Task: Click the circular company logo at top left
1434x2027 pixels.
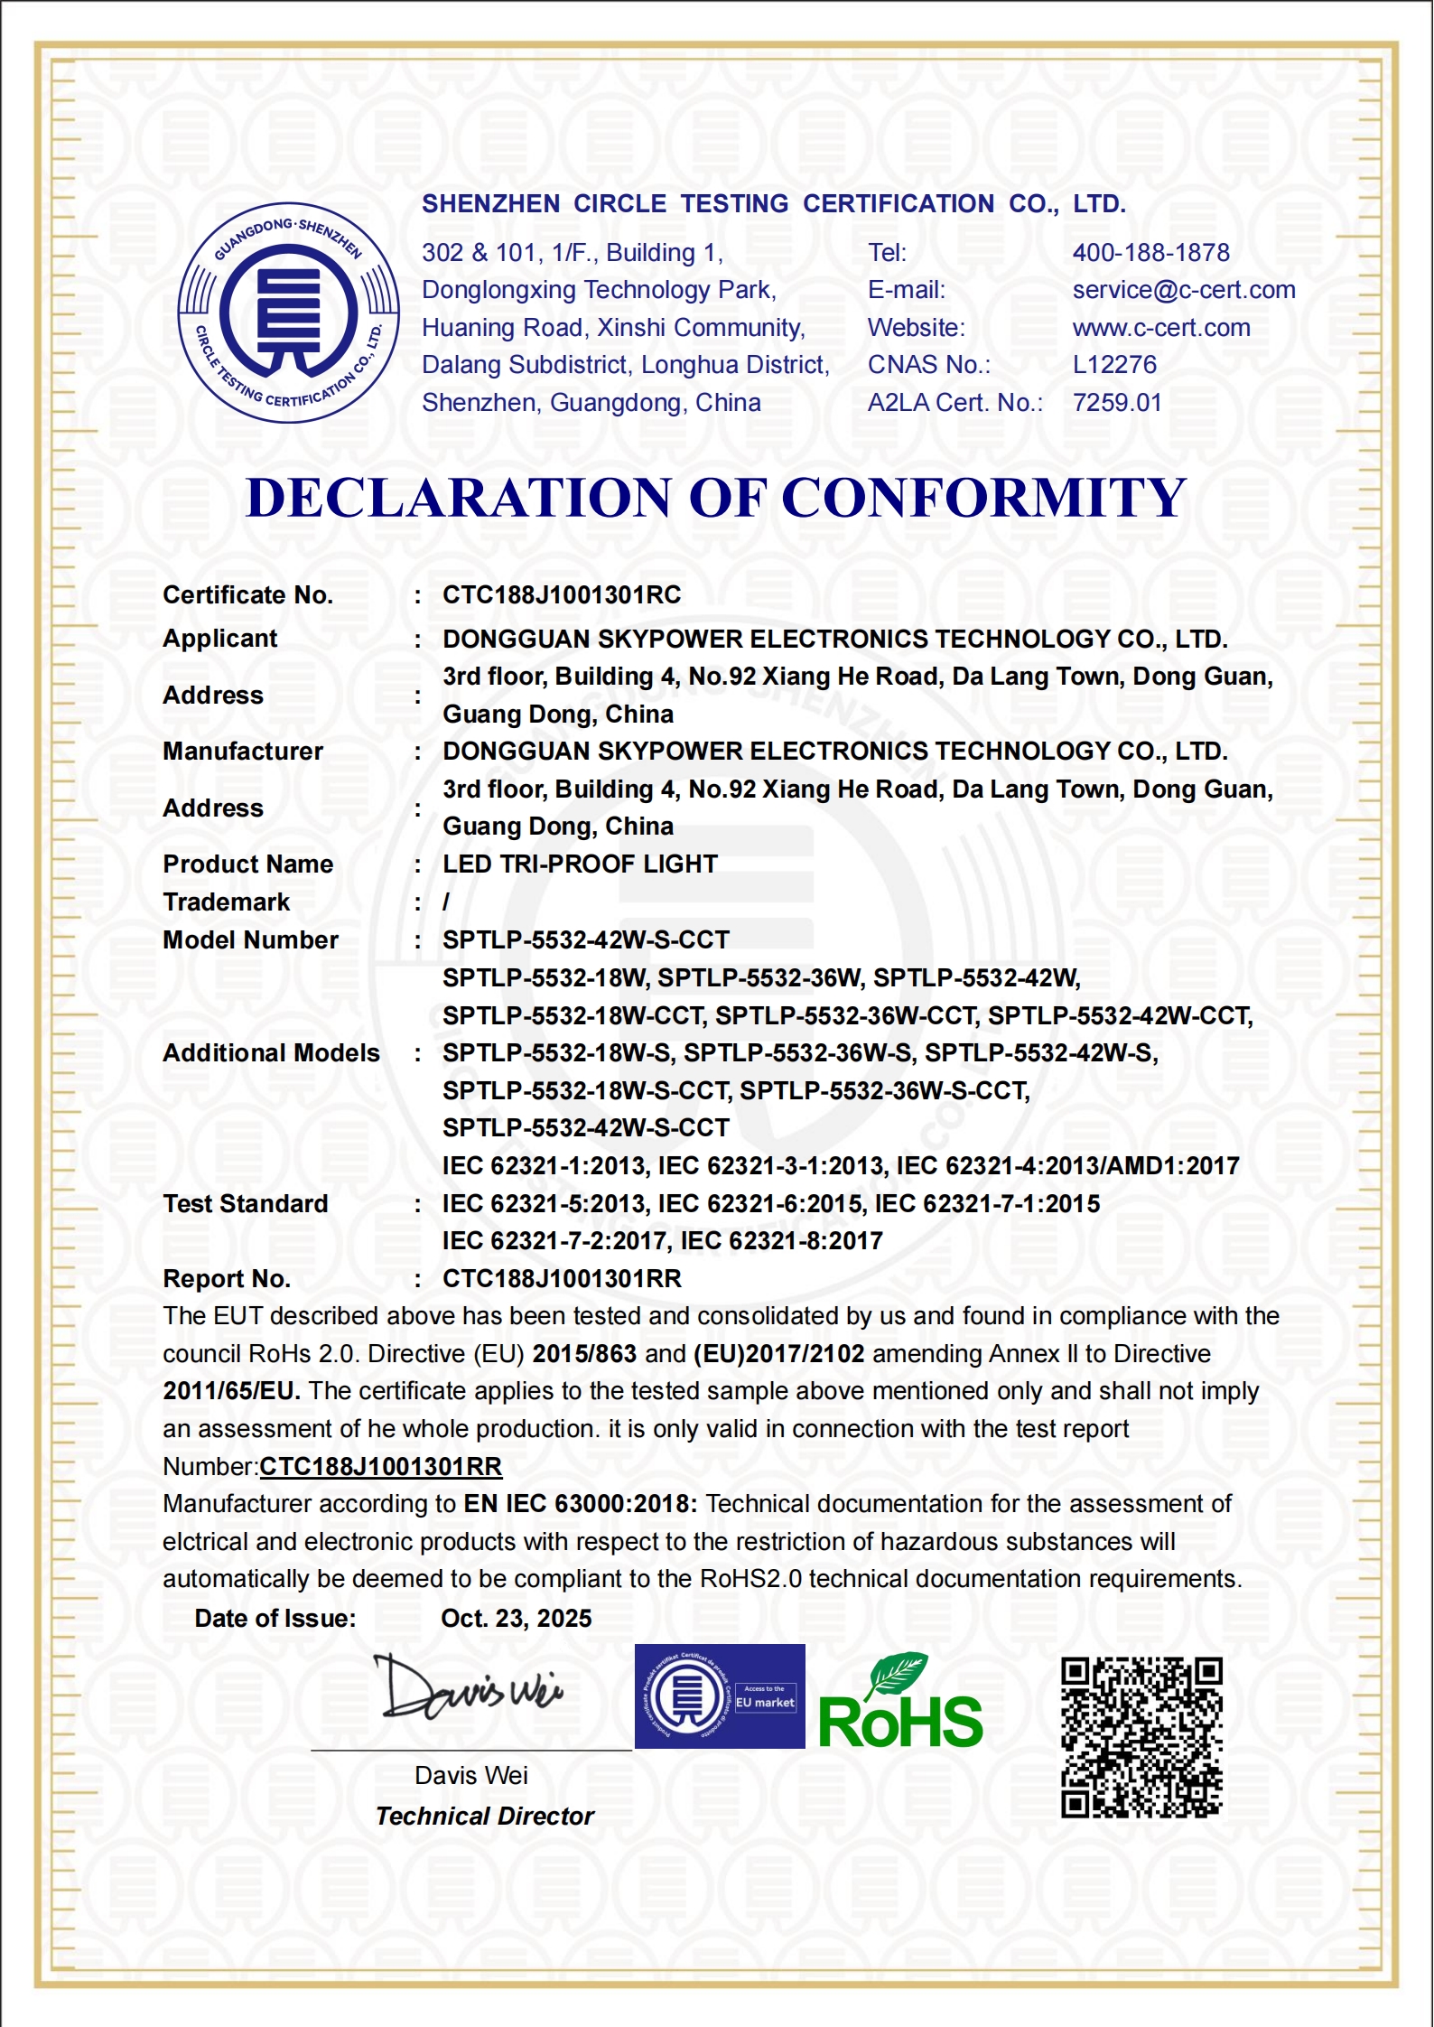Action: click(x=288, y=313)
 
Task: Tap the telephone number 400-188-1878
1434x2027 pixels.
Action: click(x=1150, y=252)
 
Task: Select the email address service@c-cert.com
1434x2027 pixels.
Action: click(x=1183, y=290)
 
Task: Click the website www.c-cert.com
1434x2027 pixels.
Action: click(x=1160, y=328)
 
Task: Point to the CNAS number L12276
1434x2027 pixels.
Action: click(x=1113, y=365)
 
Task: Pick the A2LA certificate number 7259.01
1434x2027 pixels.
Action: click(x=1116, y=403)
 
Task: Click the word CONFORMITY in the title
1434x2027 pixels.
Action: click(x=983, y=498)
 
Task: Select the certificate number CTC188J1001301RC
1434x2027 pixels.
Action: click(x=562, y=595)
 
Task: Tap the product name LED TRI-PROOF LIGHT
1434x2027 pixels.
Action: click(x=580, y=864)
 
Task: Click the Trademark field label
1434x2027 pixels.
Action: click(x=227, y=902)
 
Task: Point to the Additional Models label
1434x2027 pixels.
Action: click(x=271, y=1053)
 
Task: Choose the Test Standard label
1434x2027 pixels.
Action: click(x=246, y=1204)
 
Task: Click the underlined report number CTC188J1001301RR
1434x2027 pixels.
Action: click(x=380, y=1467)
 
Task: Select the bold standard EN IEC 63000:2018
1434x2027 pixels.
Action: click(x=580, y=1504)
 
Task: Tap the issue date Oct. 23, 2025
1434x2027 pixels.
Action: click(x=516, y=1619)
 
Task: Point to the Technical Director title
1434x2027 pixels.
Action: click(x=484, y=1817)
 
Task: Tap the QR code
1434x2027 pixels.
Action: click(x=1141, y=1737)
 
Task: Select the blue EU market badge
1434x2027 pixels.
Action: click(x=720, y=1696)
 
